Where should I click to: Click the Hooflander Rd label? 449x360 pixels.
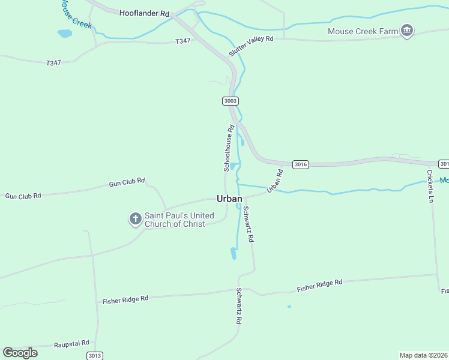coord(144,13)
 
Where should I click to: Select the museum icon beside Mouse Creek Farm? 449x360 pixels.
coord(408,31)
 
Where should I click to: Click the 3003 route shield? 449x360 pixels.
coord(231,101)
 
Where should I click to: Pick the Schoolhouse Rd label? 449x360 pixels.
coord(229,148)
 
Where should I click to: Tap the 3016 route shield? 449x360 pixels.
coord(301,164)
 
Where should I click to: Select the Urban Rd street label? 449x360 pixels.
coord(275,181)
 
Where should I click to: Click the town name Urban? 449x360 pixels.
coord(229,199)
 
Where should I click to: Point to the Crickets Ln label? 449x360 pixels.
coord(430,186)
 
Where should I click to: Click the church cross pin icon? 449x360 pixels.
coord(136,218)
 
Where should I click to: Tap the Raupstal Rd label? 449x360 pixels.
coord(71,344)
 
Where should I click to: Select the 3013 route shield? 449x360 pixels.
coord(94,356)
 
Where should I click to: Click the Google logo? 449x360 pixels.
coord(20,352)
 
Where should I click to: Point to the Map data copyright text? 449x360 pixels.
coord(423,355)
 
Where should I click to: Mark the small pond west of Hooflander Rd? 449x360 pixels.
coord(64,34)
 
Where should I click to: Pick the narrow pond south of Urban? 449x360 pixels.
coord(233,253)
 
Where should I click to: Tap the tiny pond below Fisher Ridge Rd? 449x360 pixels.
coord(289,307)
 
